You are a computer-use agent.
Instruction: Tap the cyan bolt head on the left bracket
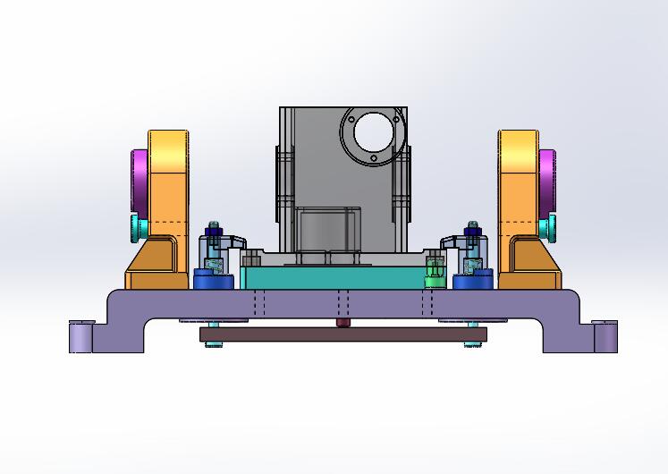click(135, 228)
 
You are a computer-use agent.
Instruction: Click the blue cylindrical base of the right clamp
click(472, 282)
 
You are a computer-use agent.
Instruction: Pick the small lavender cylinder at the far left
click(80, 337)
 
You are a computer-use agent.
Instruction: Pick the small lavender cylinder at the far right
click(605, 337)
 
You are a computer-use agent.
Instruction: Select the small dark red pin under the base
click(341, 322)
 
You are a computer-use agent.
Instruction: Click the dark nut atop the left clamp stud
click(214, 235)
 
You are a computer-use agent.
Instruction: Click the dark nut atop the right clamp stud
click(472, 235)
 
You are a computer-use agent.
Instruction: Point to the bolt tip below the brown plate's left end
click(213, 347)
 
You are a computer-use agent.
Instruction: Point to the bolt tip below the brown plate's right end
click(472, 347)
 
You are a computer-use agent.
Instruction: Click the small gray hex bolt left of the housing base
click(251, 260)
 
